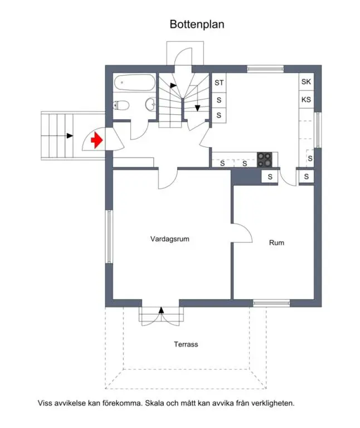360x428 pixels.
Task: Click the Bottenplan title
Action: [x=197, y=25]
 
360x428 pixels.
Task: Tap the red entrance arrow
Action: [x=96, y=140]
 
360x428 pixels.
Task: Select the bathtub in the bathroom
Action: [x=134, y=82]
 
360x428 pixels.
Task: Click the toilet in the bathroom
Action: [x=121, y=105]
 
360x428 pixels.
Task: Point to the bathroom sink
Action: [x=150, y=104]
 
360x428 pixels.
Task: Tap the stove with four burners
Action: [x=265, y=159]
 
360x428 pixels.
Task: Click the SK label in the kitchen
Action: [x=306, y=81]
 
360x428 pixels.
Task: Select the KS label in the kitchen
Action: [x=306, y=100]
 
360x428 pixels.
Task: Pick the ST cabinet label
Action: [x=219, y=82]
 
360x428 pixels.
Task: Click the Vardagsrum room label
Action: [x=170, y=239]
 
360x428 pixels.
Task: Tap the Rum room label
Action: [x=276, y=242]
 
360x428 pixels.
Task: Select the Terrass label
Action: [x=186, y=344]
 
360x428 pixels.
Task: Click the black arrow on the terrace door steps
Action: [x=161, y=310]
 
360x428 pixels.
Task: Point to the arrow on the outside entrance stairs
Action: [x=70, y=135]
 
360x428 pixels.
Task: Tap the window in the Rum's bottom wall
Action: [x=271, y=303]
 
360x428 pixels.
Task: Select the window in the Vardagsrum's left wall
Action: [x=109, y=236]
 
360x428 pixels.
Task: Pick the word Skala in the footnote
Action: [x=154, y=403]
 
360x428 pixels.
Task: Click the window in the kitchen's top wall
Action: [x=265, y=69]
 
